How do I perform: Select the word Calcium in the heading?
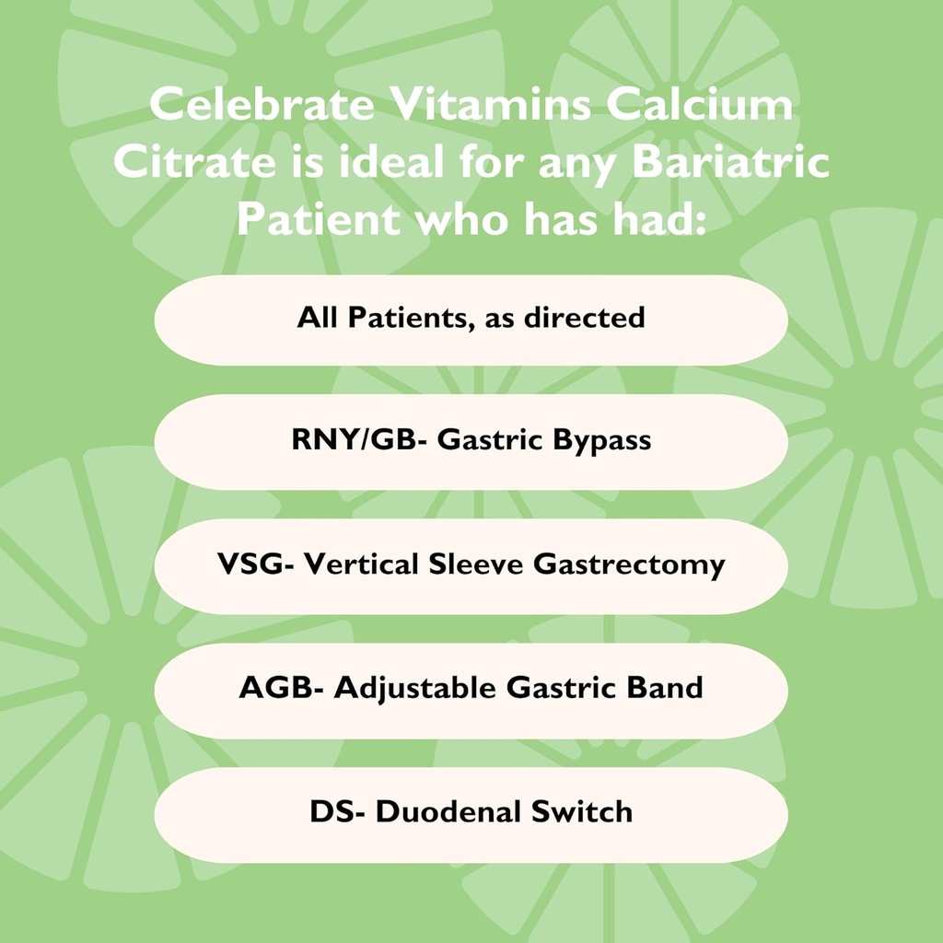[704, 105]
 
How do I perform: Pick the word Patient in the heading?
[318, 221]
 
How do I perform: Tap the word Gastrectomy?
[629, 565]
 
